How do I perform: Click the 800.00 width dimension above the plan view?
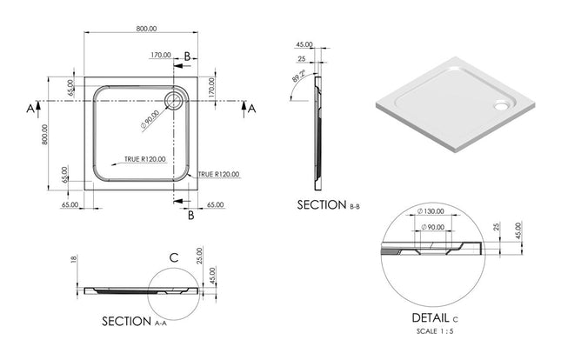pos(146,28)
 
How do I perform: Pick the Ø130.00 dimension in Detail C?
pos(432,212)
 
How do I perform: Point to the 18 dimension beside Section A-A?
pos(75,259)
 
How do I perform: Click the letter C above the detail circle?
pos(174,257)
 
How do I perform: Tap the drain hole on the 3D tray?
pos(500,107)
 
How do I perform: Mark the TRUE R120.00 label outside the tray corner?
pos(217,174)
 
